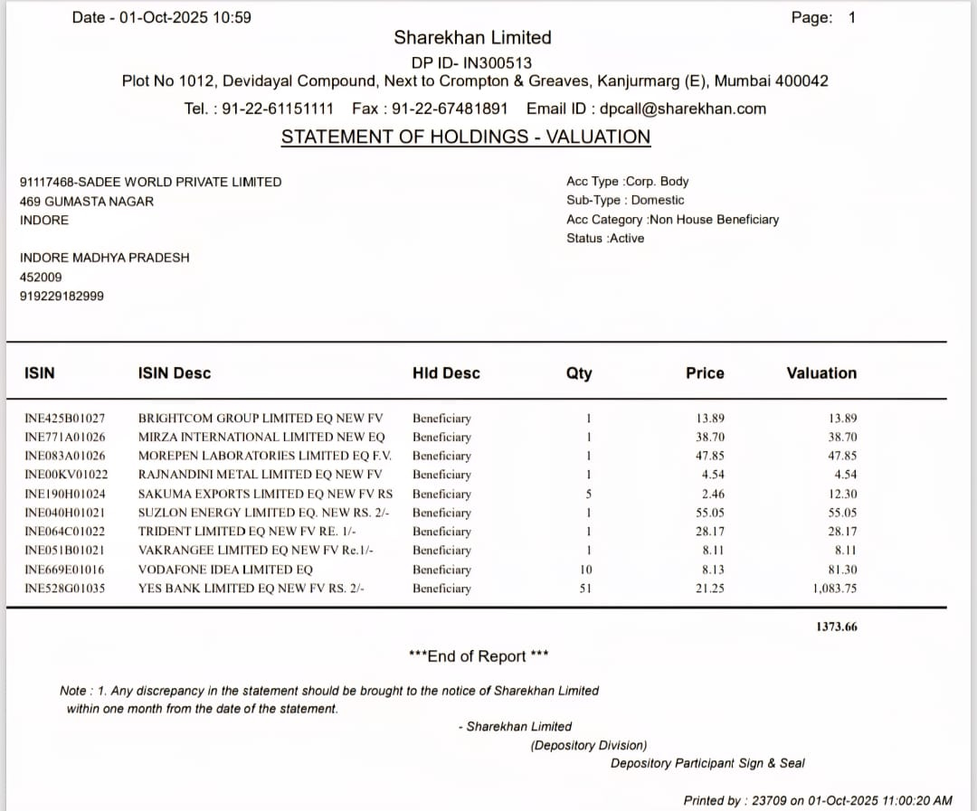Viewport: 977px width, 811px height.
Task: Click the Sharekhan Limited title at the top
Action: tap(472, 38)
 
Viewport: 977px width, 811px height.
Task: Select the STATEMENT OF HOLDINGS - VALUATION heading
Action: tap(465, 137)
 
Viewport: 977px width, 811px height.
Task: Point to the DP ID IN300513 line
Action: tap(471, 63)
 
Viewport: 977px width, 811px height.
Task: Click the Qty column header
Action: tap(579, 373)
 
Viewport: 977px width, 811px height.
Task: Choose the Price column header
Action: tap(705, 373)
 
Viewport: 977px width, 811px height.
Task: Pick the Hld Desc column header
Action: tap(446, 373)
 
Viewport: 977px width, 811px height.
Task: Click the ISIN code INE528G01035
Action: tap(64, 589)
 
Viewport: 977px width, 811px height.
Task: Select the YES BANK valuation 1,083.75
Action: tap(834, 589)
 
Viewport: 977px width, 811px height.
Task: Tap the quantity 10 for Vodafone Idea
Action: tap(586, 570)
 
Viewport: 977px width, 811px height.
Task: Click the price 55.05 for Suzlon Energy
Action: tap(710, 513)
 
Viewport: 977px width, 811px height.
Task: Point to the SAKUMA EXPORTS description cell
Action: tap(265, 494)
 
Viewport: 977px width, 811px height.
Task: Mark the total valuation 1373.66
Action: tap(836, 627)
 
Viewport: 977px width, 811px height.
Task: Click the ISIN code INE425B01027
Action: tap(64, 419)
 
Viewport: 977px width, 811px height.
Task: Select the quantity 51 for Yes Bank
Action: tap(585, 589)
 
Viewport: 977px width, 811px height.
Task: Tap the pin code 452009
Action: tap(41, 278)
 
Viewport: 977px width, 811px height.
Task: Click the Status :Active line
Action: tap(605, 239)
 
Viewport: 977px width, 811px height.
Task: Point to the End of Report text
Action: tap(479, 656)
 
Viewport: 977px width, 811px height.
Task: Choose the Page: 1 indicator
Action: tap(823, 17)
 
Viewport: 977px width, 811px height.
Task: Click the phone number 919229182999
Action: tap(62, 297)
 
